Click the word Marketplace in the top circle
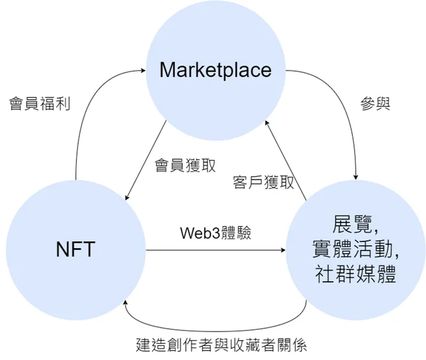click(x=215, y=70)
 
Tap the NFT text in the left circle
click(x=75, y=249)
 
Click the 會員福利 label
click(x=40, y=104)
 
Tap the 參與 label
click(x=375, y=104)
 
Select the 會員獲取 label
click(x=186, y=165)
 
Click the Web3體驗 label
click(x=216, y=233)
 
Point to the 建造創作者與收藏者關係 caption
click(x=222, y=345)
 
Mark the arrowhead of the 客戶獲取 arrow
click(x=266, y=123)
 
